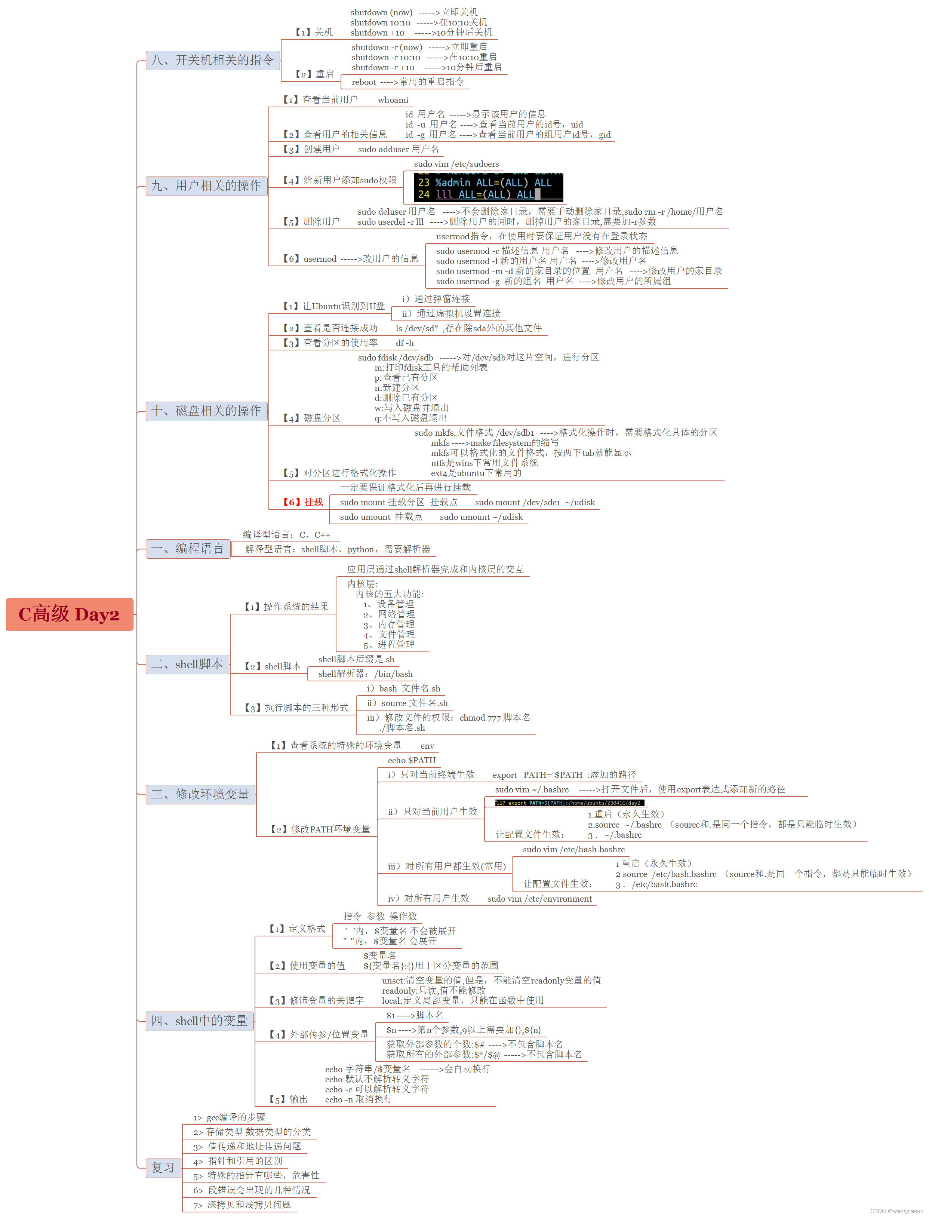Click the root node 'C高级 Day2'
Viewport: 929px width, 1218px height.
coord(69,614)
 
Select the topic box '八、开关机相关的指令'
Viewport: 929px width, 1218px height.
coord(212,60)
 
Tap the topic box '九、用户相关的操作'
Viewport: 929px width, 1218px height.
coord(206,186)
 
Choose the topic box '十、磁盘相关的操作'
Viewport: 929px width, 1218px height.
coord(206,411)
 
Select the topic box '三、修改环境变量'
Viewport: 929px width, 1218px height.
coord(200,794)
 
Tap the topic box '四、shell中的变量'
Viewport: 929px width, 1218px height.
coord(199,1021)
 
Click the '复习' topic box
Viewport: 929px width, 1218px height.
coord(163,1168)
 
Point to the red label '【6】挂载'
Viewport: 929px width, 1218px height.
coord(303,502)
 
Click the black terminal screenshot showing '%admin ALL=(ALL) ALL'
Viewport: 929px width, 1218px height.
coord(488,187)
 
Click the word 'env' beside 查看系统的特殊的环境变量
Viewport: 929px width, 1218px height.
coord(427,746)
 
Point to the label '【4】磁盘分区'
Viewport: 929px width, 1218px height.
coord(312,418)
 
